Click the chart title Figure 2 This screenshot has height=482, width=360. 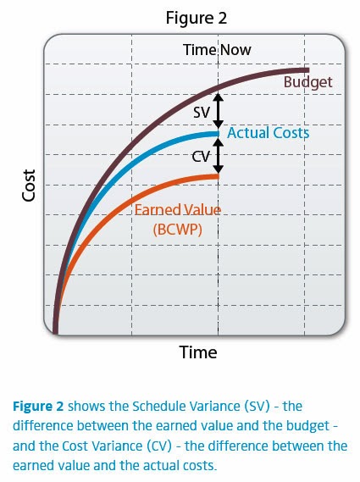(197, 18)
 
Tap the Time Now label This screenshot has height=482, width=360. (217, 50)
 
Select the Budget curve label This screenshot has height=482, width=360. (307, 82)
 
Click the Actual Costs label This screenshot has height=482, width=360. (268, 133)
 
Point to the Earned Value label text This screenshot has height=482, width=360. (178, 210)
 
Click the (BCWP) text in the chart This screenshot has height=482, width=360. (177, 229)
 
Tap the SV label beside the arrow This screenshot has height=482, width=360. (202, 112)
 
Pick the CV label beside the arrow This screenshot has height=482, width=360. (201, 157)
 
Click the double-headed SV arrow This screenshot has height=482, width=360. (219, 111)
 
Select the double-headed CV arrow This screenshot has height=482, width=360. (219, 155)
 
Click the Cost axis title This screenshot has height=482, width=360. (29, 186)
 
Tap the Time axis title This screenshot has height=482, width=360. (198, 352)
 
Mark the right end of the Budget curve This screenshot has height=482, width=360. (308, 70)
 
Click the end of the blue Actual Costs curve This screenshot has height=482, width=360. (219, 134)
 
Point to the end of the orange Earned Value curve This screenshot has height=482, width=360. (219, 176)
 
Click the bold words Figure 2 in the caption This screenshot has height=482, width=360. (38, 407)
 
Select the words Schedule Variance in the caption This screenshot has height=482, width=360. (186, 407)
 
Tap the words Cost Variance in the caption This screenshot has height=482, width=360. (102, 446)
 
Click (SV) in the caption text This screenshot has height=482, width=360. (257, 407)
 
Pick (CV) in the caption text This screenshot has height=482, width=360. (159, 446)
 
